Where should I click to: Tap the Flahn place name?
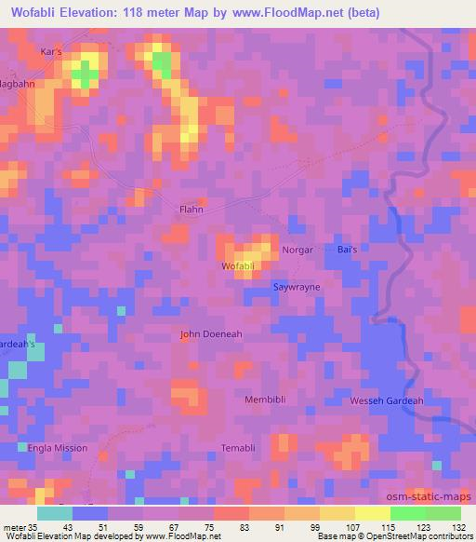[191, 210]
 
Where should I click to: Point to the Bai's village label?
[347, 251]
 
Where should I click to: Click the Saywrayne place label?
[296, 287]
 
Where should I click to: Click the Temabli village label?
[238, 448]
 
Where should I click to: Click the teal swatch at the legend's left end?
[55, 513]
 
